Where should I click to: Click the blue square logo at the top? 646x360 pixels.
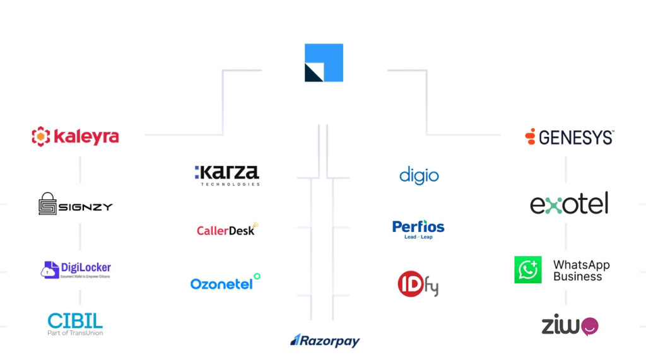324,62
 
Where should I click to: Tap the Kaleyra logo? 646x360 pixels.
75,136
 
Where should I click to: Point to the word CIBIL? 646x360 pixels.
75,320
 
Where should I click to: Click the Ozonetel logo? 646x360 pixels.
225,282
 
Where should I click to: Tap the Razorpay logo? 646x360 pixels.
325,341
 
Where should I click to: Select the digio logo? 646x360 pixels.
419,175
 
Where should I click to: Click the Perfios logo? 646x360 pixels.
418,228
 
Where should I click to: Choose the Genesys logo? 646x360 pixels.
569,137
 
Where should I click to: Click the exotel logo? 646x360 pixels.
569,204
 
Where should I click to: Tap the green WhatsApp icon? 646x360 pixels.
527,270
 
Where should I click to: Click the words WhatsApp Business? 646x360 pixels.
581,270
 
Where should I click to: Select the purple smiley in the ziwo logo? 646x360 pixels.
589,326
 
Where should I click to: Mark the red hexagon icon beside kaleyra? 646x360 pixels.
41,136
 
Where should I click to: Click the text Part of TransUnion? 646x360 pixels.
75,333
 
